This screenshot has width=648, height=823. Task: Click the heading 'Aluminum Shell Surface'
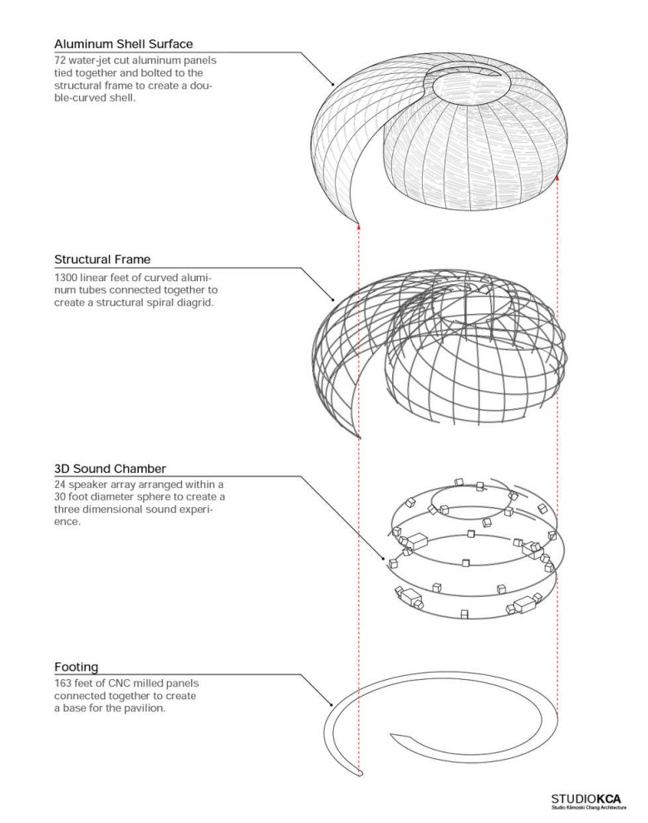click(x=124, y=43)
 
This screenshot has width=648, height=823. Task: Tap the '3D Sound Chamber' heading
click(x=104, y=468)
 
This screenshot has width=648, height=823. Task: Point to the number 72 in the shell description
click(x=62, y=61)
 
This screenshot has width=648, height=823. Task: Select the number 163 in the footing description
click(x=65, y=683)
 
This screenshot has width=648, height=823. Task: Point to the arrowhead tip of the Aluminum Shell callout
click(x=333, y=86)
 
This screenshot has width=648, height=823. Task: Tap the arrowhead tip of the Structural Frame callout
click(x=333, y=300)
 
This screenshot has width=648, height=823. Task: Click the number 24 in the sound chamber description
click(x=61, y=485)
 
